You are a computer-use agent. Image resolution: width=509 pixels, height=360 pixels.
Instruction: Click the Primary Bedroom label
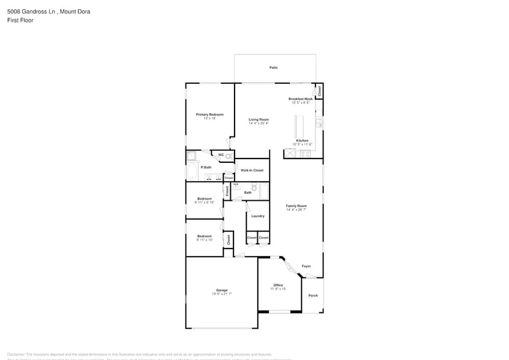coord(209,114)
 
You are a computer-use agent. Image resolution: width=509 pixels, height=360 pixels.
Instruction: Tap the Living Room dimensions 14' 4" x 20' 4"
coord(258,124)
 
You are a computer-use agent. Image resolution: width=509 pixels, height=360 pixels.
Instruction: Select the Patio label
coord(273,67)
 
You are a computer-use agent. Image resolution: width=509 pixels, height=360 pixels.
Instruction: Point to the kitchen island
coord(300,127)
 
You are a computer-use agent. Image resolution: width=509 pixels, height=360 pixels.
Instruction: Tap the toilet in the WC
coord(229,156)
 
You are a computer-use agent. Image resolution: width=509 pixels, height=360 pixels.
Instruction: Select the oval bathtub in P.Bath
coord(192,171)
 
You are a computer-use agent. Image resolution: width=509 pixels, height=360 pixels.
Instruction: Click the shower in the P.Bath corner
coord(190,156)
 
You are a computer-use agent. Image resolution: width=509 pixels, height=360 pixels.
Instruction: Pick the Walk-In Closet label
coord(252,170)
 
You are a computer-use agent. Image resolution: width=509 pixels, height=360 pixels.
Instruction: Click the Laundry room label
coord(258,216)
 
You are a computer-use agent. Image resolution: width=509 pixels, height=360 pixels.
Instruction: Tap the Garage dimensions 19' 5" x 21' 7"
coord(222,294)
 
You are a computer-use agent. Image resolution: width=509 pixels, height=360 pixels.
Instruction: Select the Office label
coord(278,285)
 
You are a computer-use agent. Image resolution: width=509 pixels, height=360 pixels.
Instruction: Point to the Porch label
coord(313,296)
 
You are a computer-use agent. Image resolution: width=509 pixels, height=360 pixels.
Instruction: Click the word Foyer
coord(306,266)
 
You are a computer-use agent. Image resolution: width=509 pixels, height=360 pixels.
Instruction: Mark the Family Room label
coord(296,206)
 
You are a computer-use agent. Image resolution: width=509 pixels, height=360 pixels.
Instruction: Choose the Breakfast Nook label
coord(301,99)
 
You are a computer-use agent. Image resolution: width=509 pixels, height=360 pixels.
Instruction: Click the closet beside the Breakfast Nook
coord(319,91)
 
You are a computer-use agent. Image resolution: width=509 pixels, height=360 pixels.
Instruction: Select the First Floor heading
coord(21,20)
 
